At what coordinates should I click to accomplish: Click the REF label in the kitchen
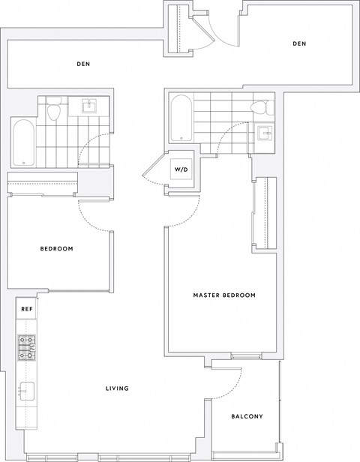click(25, 308)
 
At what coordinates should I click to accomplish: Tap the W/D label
click(181, 169)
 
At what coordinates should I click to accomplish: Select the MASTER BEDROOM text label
click(223, 295)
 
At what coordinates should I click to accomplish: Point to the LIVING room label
click(118, 388)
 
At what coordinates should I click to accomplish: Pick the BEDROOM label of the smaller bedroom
click(56, 248)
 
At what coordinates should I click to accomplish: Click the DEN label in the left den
click(83, 64)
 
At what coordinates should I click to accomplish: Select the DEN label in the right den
click(299, 43)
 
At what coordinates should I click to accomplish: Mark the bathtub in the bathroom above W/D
click(181, 118)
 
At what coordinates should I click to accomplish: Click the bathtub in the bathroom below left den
click(23, 142)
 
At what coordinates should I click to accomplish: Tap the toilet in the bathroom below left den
click(53, 112)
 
